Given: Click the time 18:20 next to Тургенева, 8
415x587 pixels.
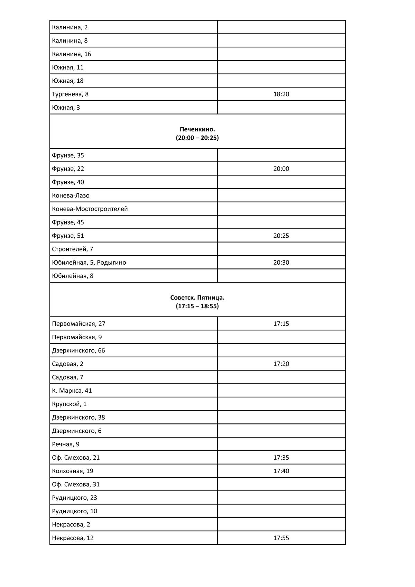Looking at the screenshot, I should click(281, 94).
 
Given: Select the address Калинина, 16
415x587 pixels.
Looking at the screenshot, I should click(72, 54).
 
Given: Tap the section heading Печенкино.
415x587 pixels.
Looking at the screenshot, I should click(197, 129).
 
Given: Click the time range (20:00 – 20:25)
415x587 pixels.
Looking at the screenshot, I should click(197, 138).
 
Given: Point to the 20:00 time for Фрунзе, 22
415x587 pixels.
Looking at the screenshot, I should click(281, 169).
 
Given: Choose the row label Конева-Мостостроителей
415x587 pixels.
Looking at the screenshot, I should click(90, 209).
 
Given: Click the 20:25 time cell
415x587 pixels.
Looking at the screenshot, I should click(281, 236).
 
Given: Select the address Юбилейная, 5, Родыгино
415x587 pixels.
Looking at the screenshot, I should click(89, 263).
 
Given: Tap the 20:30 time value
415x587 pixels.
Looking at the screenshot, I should click(281, 263).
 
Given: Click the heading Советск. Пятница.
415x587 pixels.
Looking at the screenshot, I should click(197, 297).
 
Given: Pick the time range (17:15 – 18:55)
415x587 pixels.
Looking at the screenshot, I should click(197, 306).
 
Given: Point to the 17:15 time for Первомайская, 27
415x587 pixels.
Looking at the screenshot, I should click(281, 324).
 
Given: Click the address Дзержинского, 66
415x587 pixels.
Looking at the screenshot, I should click(79, 350).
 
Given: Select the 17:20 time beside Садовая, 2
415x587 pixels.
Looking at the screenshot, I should click(281, 364).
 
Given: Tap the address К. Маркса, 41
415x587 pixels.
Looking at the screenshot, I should click(72, 391).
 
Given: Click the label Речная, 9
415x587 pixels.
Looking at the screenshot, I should click(66, 444).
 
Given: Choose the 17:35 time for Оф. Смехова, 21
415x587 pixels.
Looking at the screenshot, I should click(281, 458).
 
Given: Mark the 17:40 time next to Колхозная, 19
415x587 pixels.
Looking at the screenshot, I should click(281, 471).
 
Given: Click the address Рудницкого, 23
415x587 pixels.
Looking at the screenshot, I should click(74, 498).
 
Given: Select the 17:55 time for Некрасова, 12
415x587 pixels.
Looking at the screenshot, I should click(281, 538).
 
